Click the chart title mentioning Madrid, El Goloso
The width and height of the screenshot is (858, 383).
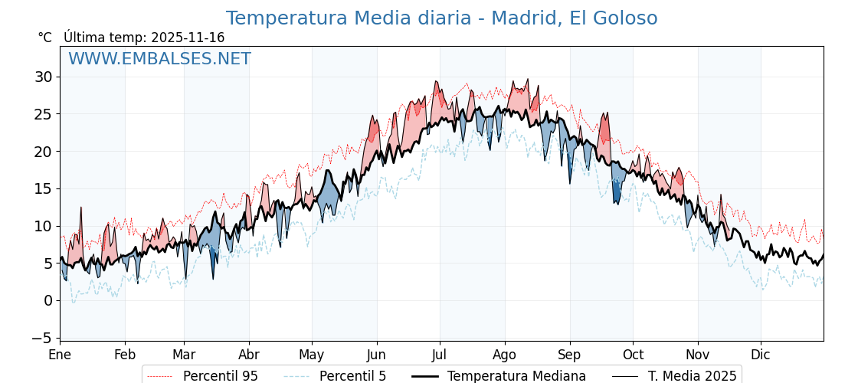click(441, 18)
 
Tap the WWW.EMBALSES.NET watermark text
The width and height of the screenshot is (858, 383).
click(159, 59)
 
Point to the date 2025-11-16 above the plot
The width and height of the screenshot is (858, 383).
click(188, 38)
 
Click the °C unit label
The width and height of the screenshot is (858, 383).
click(44, 38)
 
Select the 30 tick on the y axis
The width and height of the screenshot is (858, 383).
click(43, 77)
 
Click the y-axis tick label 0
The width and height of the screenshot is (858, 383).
click(47, 300)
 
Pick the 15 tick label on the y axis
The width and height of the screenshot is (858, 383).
click(43, 188)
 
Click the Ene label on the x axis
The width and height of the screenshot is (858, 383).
click(60, 355)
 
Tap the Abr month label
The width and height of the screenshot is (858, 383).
click(249, 355)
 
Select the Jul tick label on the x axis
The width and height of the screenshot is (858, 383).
click(440, 355)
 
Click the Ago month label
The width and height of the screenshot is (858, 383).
click(505, 355)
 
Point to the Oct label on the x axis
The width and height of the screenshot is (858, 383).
click(633, 355)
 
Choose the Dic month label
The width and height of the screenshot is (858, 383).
click(761, 355)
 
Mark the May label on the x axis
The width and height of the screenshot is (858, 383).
click(312, 355)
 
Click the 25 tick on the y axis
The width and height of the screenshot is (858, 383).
click(43, 114)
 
